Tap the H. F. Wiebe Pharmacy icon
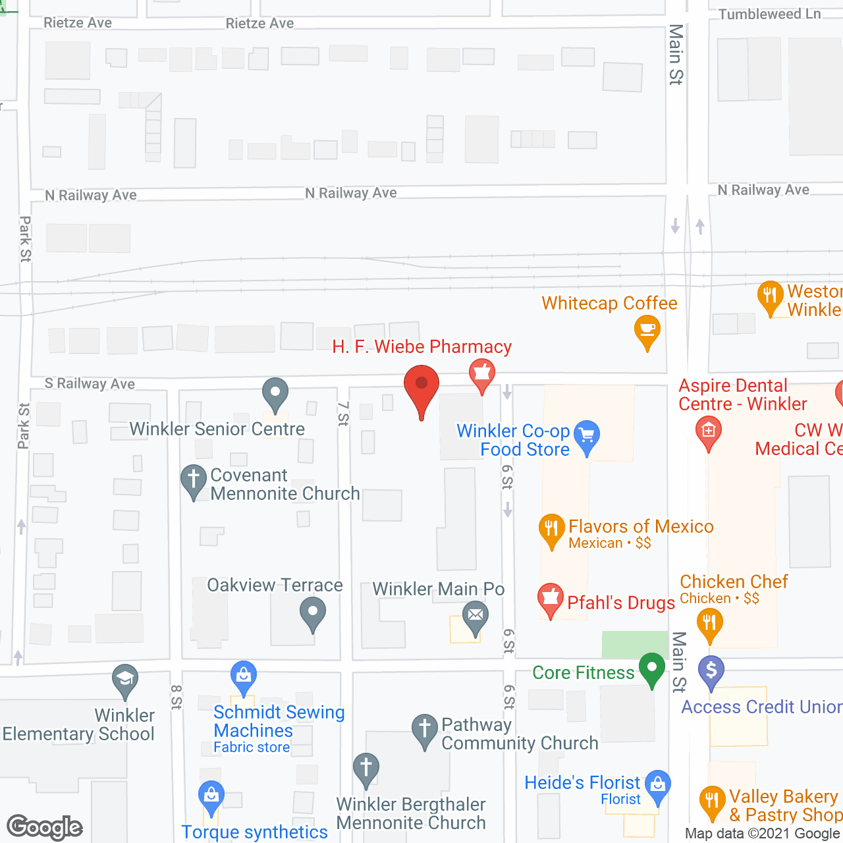(x=482, y=373)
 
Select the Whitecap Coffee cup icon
(x=647, y=329)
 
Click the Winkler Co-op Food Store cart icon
(x=587, y=435)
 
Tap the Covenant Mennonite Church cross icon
(x=194, y=479)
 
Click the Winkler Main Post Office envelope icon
(x=476, y=617)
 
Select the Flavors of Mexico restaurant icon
(x=552, y=528)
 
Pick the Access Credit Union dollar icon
(x=711, y=670)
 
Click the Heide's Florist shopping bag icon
(x=658, y=784)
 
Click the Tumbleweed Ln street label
(x=769, y=14)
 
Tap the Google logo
(x=45, y=827)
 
